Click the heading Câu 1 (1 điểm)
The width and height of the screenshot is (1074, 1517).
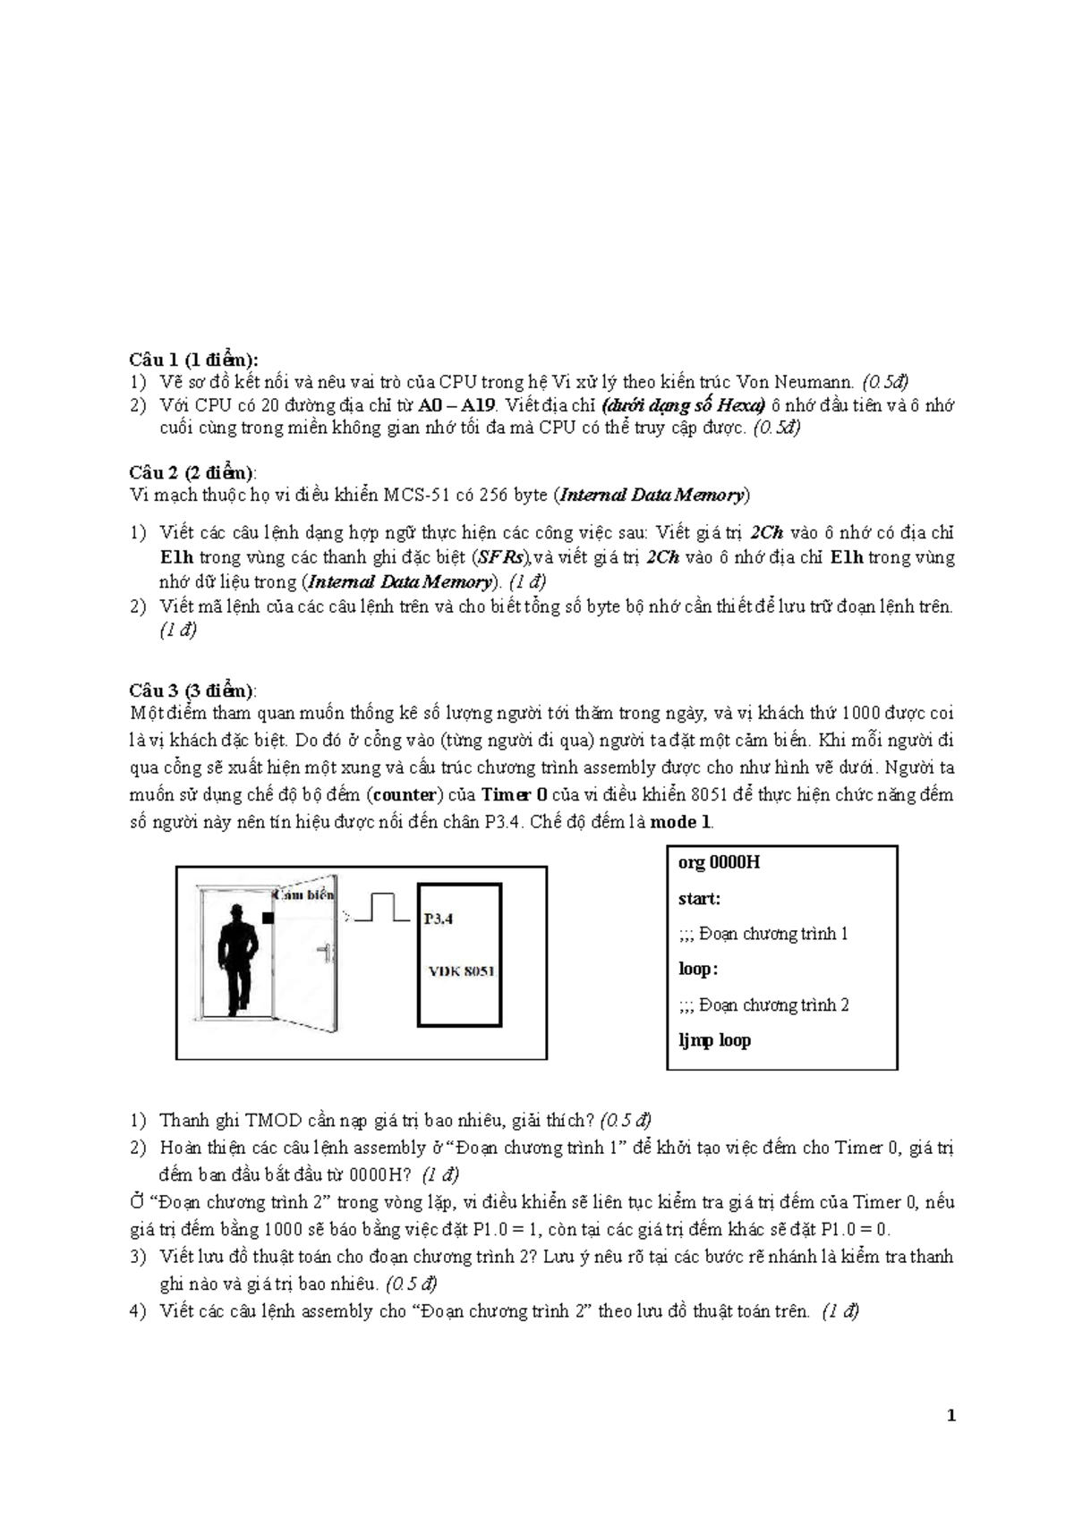[193, 360]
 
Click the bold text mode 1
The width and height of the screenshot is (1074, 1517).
[680, 822]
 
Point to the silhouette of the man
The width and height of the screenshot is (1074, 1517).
[240, 956]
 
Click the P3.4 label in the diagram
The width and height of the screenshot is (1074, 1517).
[439, 918]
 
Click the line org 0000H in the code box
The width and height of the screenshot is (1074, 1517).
[719, 862]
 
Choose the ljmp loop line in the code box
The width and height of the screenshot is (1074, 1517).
[714, 1040]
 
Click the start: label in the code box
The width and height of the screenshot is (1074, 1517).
[699, 898]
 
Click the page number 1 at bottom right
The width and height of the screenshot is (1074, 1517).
[951, 1416]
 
